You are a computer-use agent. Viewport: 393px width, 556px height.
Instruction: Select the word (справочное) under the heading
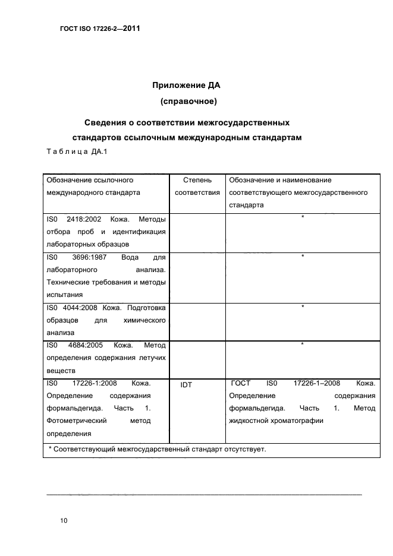188,102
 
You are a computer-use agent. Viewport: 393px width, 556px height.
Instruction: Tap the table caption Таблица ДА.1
76,152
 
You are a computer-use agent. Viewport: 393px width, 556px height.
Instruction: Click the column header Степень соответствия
196,186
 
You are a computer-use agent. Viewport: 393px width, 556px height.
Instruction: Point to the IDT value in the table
186,385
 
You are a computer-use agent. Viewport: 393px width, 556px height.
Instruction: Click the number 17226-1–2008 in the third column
317,383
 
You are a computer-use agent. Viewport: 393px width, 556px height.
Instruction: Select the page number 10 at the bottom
64,520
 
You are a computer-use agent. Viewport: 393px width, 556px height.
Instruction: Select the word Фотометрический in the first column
76,421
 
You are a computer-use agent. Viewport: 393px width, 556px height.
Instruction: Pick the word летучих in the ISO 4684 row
151,358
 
